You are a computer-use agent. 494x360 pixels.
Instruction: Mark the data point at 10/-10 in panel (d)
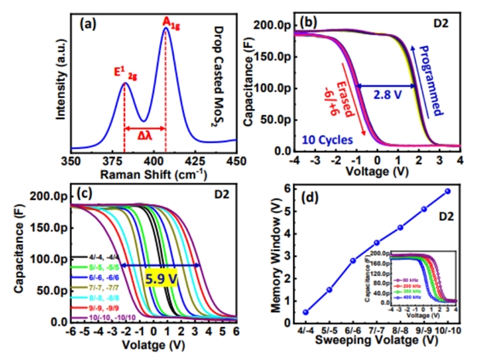coord(448,191)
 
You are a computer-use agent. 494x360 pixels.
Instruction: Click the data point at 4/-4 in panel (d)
coord(305,312)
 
